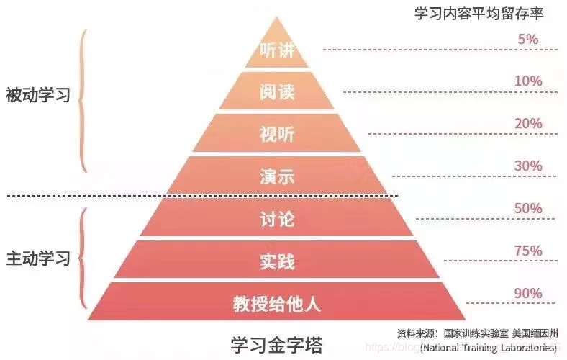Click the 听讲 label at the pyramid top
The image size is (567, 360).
coord(277,51)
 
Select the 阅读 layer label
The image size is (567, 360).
coord(277,92)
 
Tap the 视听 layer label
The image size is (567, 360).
coord(277,134)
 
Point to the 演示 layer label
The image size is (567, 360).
coord(277,176)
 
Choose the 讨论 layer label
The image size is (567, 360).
coord(277,219)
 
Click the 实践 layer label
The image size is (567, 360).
coord(277,261)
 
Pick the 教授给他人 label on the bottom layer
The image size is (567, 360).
coord(277,303)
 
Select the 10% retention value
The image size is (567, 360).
coord(528,81)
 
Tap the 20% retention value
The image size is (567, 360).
coord(528,124)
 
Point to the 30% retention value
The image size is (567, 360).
coord(528,166)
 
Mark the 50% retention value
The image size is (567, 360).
coord(528,209)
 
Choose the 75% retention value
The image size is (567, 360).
coord(528,251)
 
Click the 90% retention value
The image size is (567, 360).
coord(528,294)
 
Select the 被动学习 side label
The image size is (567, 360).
coord(37,95)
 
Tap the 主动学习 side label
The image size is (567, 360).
coord(37,258)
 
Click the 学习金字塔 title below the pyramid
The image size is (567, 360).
coord(276,342)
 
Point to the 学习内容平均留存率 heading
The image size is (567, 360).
coord(478,14)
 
